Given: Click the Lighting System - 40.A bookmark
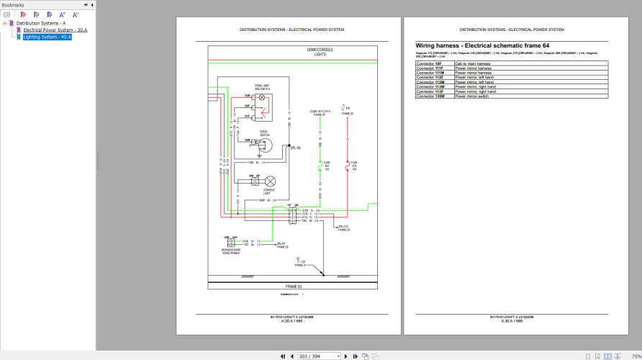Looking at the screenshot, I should [47, 37].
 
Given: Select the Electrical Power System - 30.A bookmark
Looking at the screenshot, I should [55, 30].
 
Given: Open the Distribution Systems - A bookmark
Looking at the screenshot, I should [40, 23].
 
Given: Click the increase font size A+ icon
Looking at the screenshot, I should [62, 14].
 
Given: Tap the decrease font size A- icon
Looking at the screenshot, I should [75, 14].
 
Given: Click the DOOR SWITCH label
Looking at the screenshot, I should [264, 133].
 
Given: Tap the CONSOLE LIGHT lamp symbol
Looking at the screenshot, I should [271, 180].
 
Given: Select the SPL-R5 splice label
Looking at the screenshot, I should [294, 148].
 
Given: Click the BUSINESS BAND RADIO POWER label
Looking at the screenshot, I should [236, 251].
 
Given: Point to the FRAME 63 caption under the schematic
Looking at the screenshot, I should [291, 286].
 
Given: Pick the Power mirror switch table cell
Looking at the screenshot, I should [471, 96].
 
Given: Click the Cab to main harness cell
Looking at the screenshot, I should [473, 63].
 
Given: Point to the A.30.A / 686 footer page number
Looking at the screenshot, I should [512, 320].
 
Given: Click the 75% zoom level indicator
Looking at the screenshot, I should [636, 356].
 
